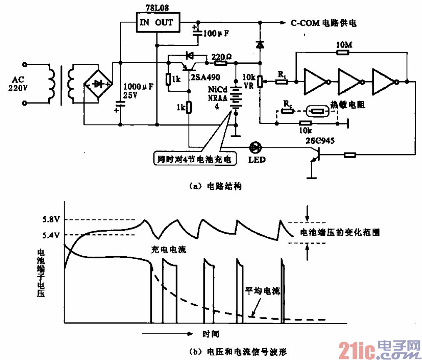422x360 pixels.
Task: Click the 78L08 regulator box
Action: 156,22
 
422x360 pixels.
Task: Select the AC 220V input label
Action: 17,83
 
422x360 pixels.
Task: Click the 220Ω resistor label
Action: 219,56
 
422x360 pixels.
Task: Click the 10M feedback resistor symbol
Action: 343,52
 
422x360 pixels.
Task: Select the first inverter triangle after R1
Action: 317,82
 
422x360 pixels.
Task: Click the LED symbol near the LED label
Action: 254,147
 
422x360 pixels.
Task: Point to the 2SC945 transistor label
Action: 319,140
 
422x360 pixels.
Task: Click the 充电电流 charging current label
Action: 168,250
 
